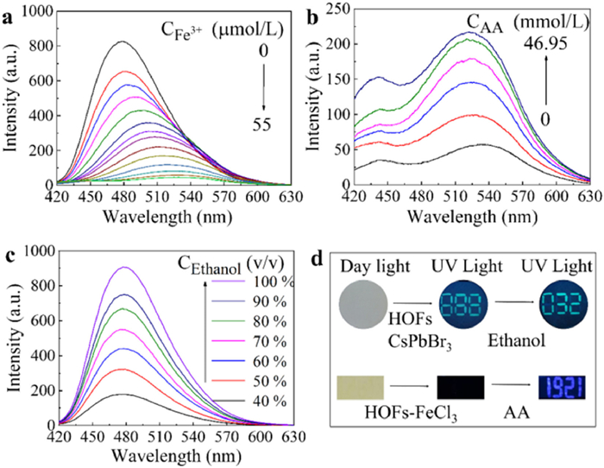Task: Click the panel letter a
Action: click(9, 15)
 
